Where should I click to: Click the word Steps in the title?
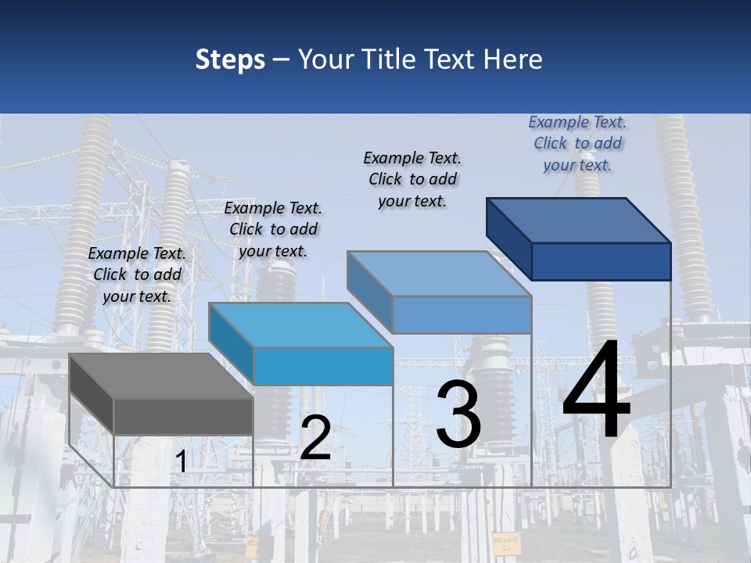point(230,59)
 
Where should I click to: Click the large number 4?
point(596,393)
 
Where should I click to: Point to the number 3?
point(458,414)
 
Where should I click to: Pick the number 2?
point(315,439)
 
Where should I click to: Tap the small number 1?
point(181,462)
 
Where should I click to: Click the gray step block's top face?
point(160,376)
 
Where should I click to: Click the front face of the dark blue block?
point(601,261)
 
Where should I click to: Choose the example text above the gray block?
point(137,274)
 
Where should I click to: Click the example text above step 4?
point(577,143)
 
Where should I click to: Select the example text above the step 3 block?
point(412,179)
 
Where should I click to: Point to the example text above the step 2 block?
point(273,229)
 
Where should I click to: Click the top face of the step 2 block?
point(300,325)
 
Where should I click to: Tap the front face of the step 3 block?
point(462,314)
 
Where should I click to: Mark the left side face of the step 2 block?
point(231,344)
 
